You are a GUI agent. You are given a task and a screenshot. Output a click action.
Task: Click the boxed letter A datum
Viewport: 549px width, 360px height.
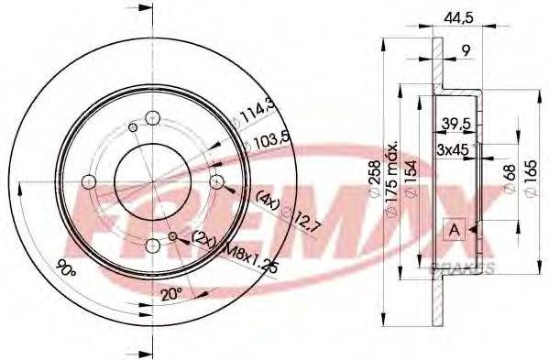[453, 230]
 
